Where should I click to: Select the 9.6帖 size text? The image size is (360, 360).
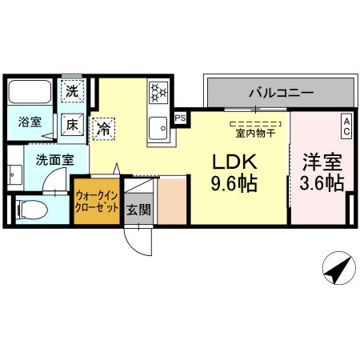(233, 184)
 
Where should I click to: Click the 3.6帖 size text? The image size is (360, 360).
(322, 184)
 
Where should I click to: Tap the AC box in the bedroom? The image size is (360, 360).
(346, 126)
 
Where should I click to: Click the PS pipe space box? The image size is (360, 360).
(181, 117)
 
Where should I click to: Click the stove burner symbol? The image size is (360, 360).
(157, 92)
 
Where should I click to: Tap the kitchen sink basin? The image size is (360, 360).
(158, 127)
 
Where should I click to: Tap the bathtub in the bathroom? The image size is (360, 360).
(30, 92)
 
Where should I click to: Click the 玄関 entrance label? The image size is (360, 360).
(135, 210)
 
